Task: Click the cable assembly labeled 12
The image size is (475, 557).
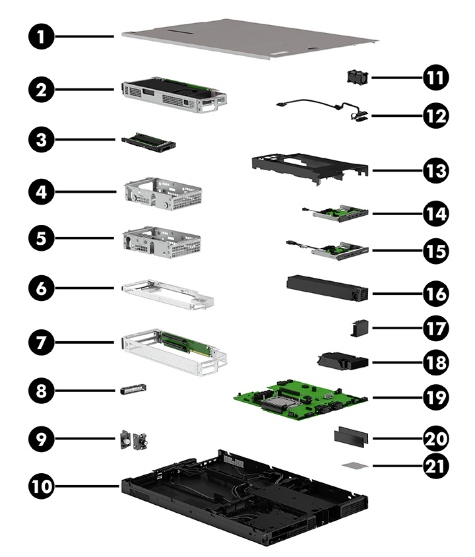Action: pyautogui.click(x=323, y=108)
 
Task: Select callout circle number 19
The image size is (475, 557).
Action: pyautogui.click(x=435, y=398)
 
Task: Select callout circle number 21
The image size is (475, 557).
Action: pyautogui.click(x=435, y=466)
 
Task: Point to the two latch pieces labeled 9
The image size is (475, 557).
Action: pyautogui.click(x=133, y=440)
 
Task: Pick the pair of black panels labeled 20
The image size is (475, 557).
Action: pyautogui.click(x=352, y=437)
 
